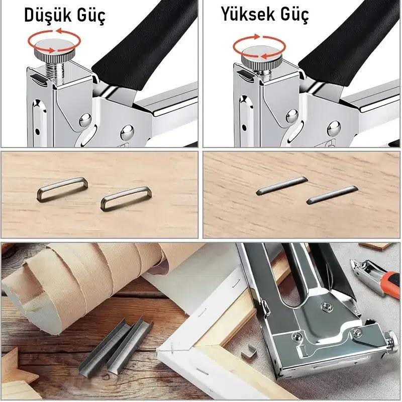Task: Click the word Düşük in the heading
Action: [x=47, y=15]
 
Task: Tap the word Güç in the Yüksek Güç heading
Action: [x=294, y=15]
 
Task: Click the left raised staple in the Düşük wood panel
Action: [x=62, y=189]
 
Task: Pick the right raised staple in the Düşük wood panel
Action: [x=126, y=198]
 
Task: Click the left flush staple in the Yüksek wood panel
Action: [x=282, y=186]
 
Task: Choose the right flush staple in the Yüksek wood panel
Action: [x=332, y=195]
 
